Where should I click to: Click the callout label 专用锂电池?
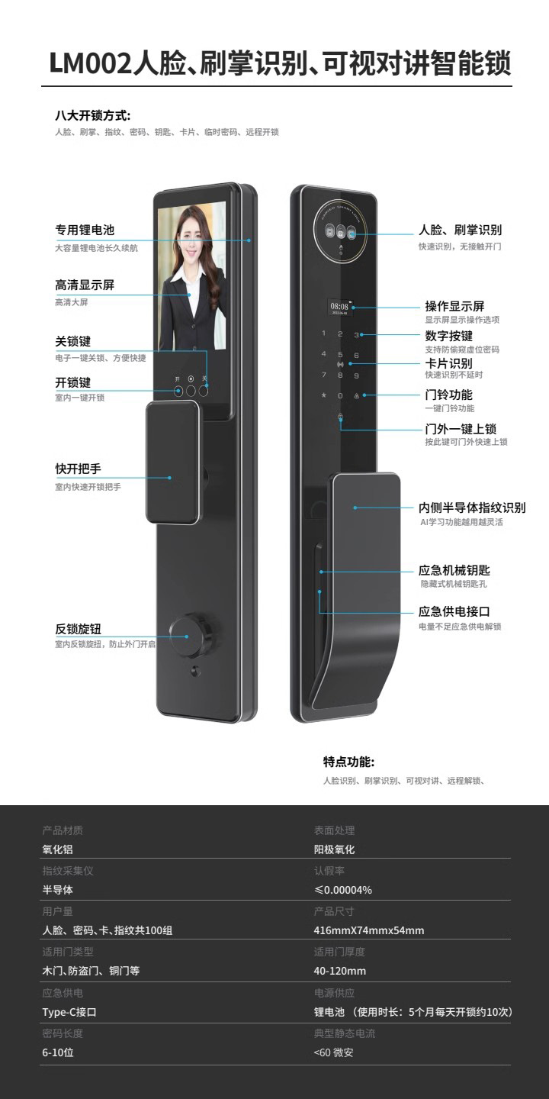click(85, 230)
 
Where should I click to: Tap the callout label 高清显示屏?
click(85, 285)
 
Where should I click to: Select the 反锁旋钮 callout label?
click(78, 630)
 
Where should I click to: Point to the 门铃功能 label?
click(448, 395)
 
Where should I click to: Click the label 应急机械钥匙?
click(454, 570)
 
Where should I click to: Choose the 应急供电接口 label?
click(454, 611)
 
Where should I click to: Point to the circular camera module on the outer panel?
click(340, 232)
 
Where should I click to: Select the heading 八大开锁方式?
click(92, 116)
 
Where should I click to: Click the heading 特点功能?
click(348, 762)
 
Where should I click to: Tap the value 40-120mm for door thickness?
click(340, 972)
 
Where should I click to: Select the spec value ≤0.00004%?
click(343, 890)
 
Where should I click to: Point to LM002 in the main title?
click(90, 64)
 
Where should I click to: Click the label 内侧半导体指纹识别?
click(472, 508)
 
